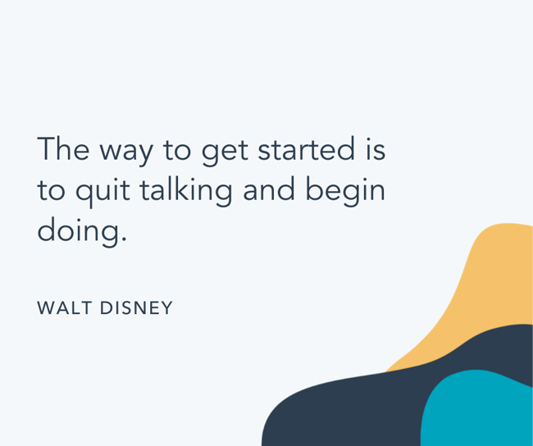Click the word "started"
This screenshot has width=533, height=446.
tap(306, 150)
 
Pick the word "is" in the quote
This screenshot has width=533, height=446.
tap(376, 150)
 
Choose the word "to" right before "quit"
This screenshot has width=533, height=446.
tap(51, 190)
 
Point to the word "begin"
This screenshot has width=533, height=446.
tap(345, 192)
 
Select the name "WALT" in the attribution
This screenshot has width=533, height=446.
tap(64, 308)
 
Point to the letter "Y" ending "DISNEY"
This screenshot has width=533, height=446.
tap(167, 308)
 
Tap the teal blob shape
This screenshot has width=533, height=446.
tap(480, 410)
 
